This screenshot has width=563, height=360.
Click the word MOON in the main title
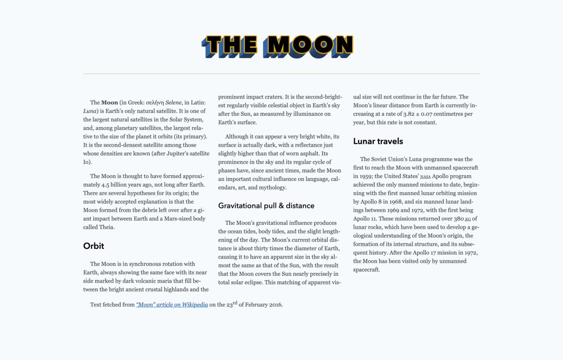310,45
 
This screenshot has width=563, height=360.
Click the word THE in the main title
231,45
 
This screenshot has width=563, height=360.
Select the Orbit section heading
94,246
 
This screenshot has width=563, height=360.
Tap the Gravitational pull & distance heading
266,206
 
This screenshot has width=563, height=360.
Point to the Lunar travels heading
378,141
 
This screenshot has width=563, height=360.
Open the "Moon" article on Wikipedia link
172,305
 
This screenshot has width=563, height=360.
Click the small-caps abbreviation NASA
425,177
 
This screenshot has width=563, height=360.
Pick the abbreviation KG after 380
468,219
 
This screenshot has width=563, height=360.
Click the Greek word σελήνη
155,103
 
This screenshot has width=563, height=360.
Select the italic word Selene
173,103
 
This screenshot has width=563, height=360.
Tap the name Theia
107,227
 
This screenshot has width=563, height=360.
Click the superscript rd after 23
235,303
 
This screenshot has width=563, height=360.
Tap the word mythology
271,187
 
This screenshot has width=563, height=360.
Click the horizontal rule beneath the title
281,74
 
